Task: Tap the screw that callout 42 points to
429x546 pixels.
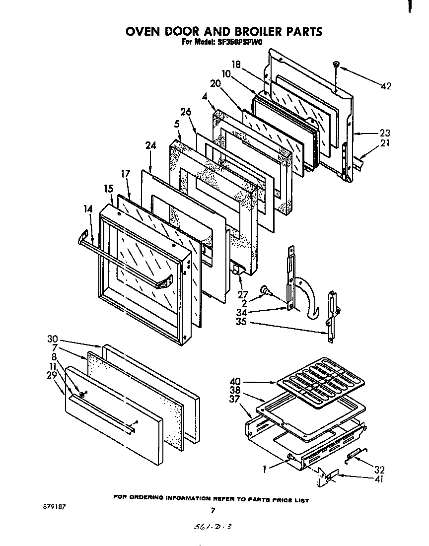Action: [336, 65]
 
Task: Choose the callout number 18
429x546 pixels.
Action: [236, 64]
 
